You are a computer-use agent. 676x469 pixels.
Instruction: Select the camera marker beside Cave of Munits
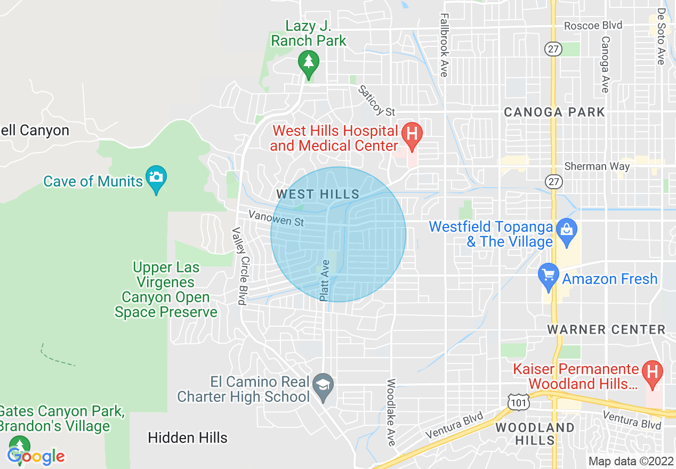click(156, 176)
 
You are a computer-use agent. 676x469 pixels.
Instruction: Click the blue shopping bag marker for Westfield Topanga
click(566, 230)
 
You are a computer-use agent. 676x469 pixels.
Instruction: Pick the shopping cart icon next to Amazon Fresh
click(549, 275)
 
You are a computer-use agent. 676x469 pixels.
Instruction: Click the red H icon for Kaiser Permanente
click(651, 371)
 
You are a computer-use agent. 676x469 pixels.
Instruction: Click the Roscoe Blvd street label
click(593, 26)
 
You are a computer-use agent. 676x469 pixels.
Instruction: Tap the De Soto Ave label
click(661, 36)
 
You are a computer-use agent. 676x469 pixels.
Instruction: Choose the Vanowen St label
click(276, 217)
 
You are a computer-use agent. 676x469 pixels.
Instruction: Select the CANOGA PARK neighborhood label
click(554, 112)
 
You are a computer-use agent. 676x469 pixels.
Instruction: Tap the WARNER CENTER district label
click(606, 329)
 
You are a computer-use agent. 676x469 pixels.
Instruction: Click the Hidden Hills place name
click(188, 438)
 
